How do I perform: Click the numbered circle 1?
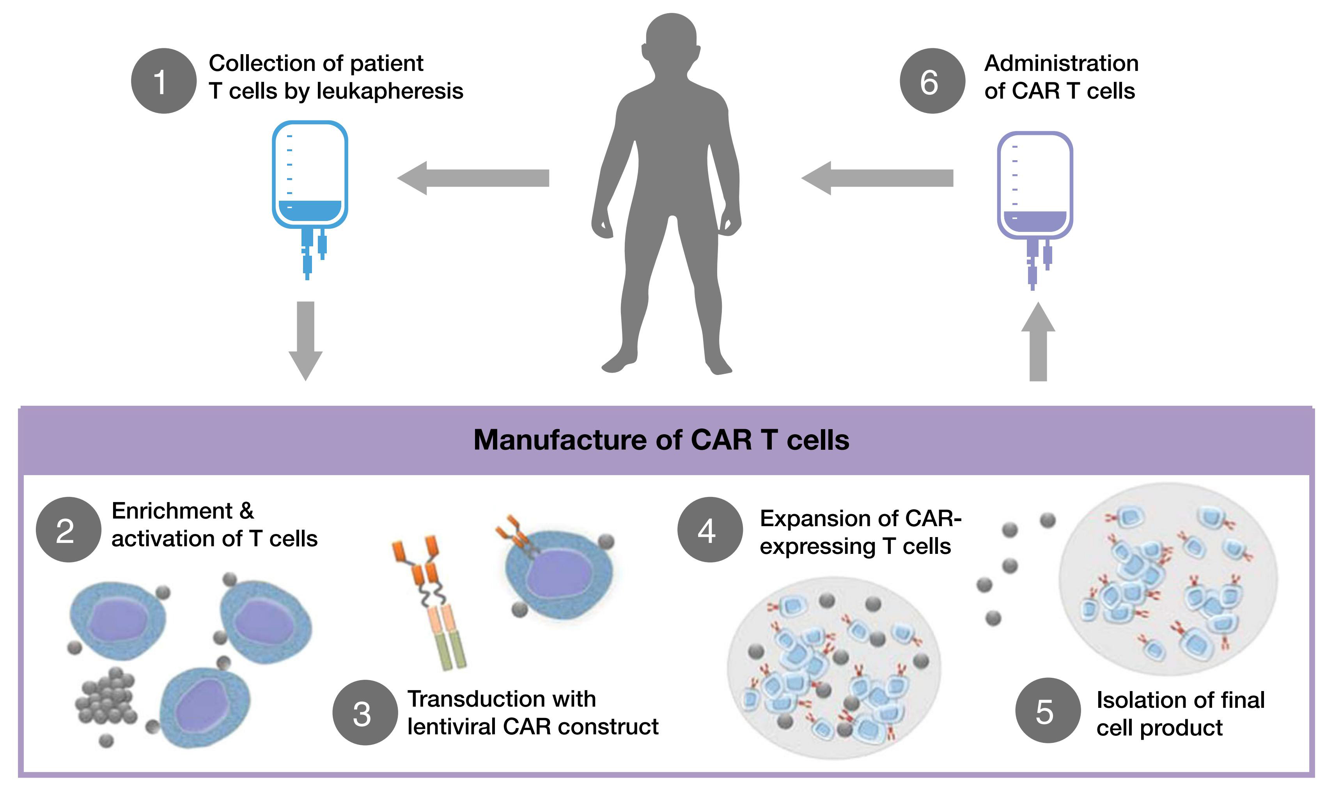click(x=163, y=81)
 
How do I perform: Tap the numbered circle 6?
click(x=932, y=81)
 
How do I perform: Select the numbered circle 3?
click(x=365, y=712)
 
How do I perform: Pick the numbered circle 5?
click(x=1048, y=711)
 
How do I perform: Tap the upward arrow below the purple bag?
click(x=1038, y=341)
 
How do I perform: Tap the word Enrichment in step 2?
click(x=172, y=511)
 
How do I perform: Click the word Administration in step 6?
click(x=1061, y=64)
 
